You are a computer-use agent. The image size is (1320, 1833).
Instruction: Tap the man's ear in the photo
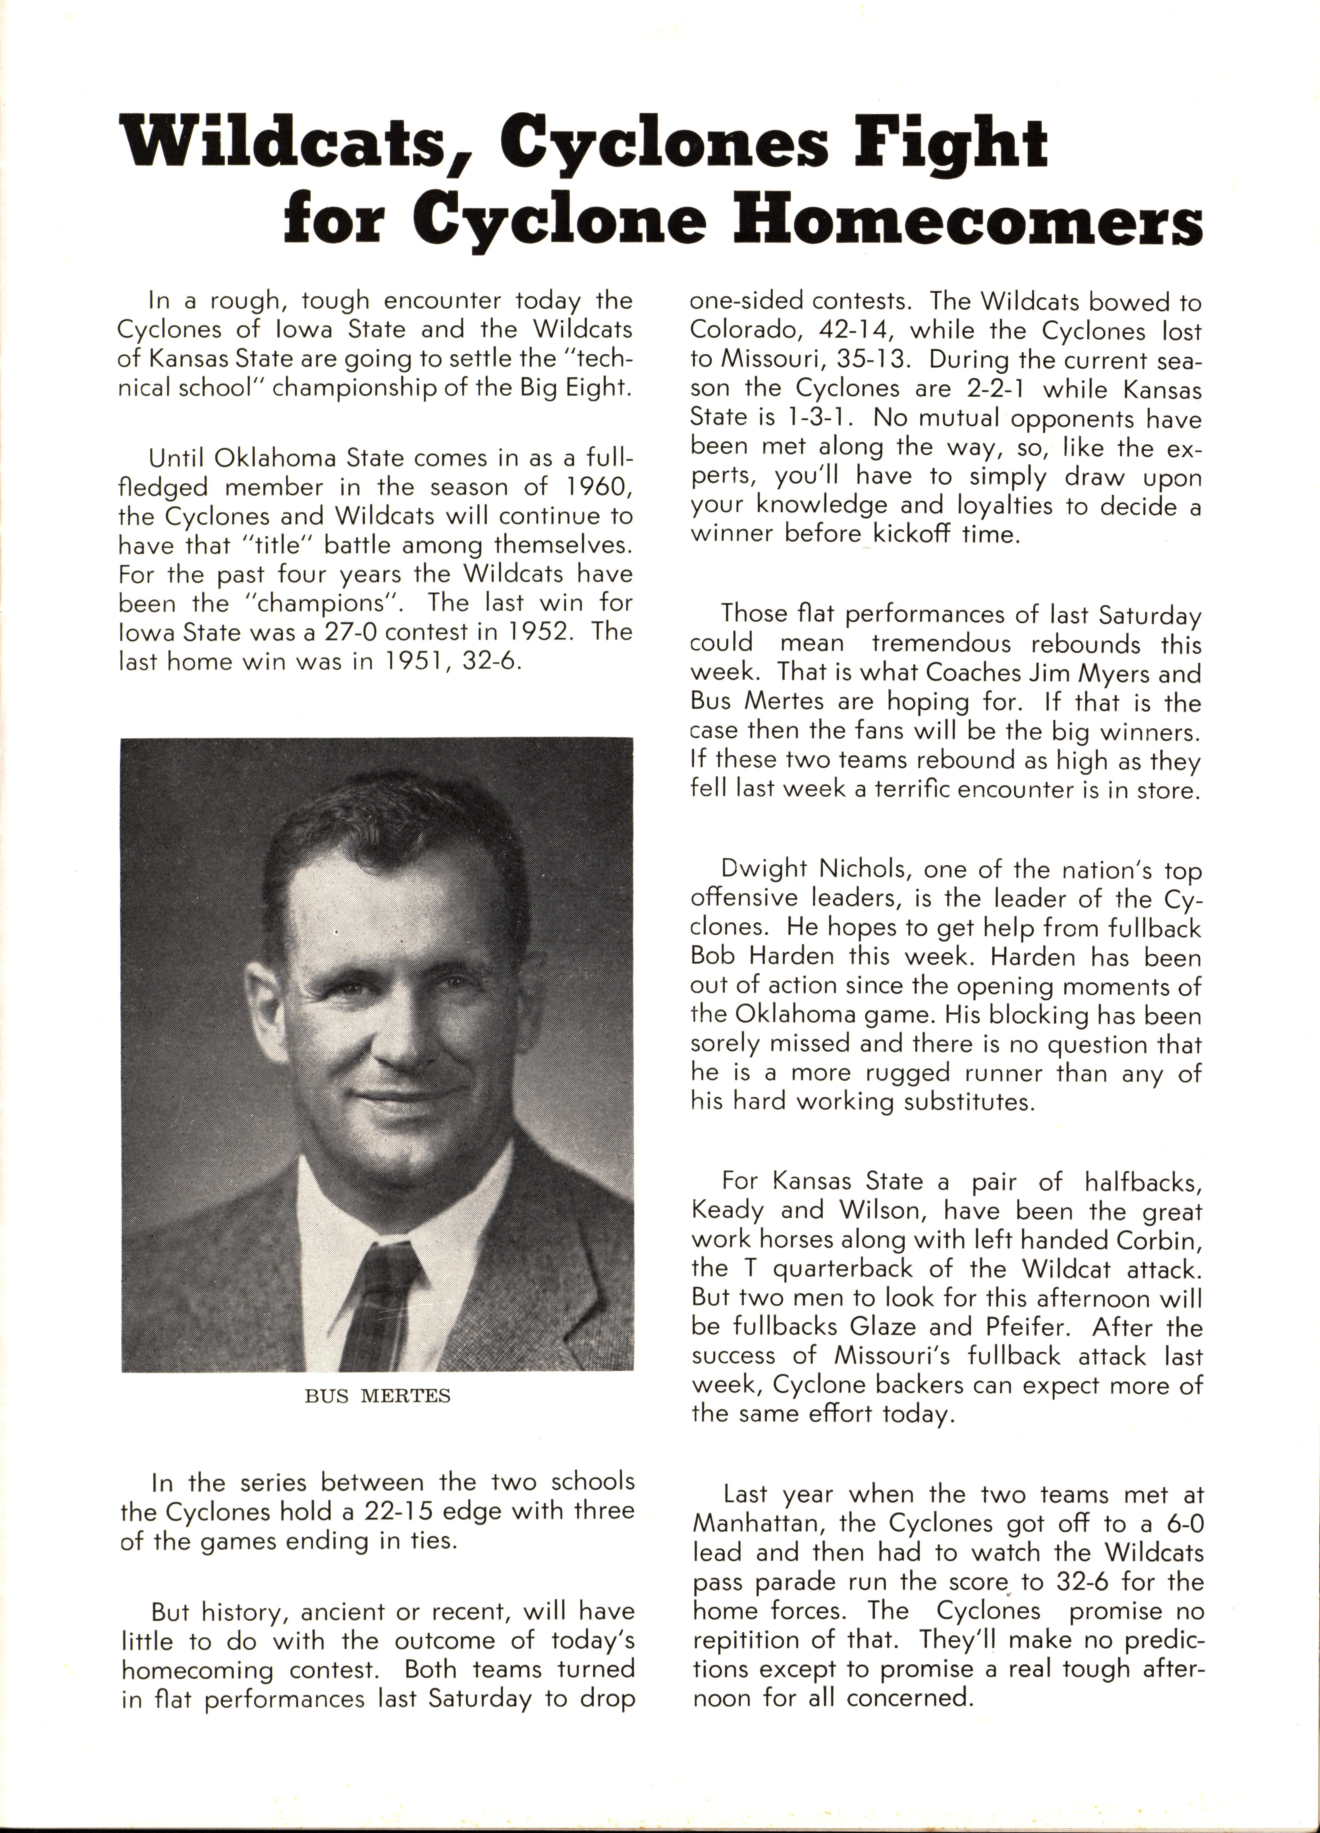point(263,1002)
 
